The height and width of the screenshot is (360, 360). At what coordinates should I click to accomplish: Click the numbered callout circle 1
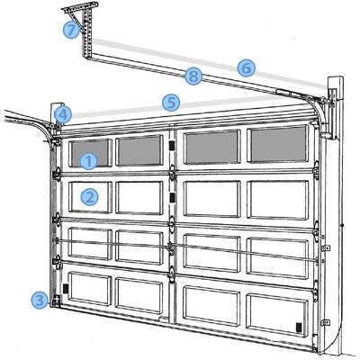89,161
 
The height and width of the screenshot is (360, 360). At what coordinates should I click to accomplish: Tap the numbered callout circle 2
89,197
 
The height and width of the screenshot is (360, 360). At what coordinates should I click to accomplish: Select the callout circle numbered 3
40,300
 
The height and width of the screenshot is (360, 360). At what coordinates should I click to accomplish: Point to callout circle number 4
63,115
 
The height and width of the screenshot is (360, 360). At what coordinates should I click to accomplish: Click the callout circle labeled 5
171,103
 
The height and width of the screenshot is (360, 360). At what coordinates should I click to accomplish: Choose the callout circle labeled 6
247,68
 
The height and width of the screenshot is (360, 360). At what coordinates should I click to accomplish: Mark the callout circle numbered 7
71,30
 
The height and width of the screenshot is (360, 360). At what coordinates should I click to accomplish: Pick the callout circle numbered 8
193,76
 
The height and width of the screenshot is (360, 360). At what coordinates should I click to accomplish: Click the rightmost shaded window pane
279,144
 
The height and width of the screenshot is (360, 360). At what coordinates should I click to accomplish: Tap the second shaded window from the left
139,150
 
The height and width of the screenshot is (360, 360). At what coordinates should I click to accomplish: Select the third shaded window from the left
212,148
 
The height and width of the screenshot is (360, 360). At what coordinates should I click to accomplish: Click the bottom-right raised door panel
276,315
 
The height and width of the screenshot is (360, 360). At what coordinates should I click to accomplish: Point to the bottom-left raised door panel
90,289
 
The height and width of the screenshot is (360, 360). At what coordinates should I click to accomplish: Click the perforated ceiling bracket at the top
83,26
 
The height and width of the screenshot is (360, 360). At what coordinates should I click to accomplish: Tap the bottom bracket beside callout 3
56,301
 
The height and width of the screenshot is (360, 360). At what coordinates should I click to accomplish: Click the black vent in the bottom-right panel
299,327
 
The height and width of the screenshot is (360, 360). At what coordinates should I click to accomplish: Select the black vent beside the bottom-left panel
66,288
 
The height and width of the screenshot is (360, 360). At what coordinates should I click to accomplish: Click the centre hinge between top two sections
172,173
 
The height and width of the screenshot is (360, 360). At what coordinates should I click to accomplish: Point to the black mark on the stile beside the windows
172,146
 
